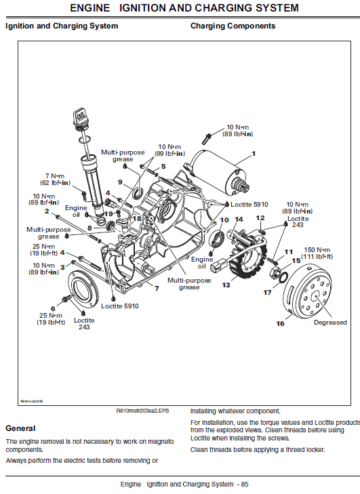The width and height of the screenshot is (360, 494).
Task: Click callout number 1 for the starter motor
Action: [254, 154]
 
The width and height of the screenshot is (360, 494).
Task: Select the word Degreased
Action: [330, 323]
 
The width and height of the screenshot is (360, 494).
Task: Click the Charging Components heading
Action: [233, 26]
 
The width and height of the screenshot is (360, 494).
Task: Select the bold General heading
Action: [20, 428]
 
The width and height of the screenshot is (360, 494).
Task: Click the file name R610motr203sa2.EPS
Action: [144, 411]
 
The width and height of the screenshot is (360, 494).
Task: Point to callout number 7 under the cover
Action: [157, 289]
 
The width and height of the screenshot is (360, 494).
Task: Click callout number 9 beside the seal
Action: [120, 182]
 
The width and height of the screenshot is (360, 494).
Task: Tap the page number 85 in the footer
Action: [244, 484]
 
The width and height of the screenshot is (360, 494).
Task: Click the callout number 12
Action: [260, 218]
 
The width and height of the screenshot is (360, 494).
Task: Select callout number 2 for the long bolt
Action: [47, 211]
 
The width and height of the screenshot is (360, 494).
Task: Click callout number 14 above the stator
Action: [239, 219]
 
